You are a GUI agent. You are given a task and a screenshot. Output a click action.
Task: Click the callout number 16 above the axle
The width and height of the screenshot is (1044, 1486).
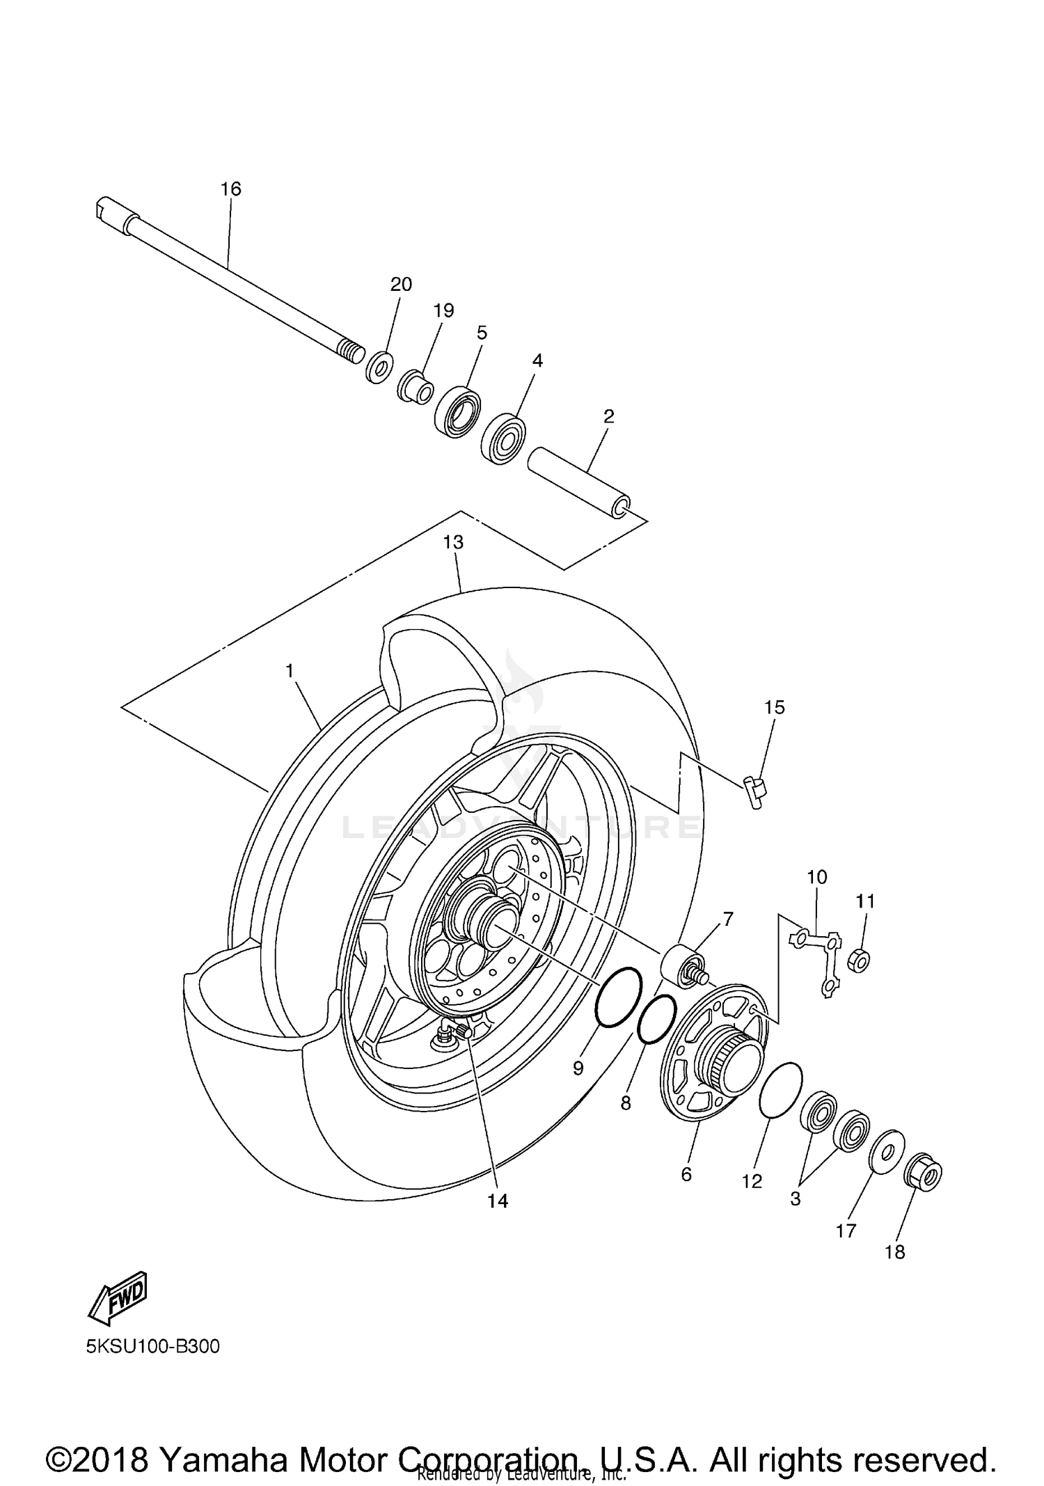pos(230,189)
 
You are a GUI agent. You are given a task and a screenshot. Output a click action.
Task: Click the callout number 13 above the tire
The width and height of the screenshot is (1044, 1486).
pos(453,542)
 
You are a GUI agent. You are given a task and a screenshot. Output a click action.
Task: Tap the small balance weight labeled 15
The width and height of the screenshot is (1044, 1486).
pos(754,791)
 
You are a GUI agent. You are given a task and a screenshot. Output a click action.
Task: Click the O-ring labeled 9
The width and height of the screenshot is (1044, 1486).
pos(618,996)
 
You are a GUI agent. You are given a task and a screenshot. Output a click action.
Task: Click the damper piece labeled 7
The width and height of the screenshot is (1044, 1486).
pos(681,964)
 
